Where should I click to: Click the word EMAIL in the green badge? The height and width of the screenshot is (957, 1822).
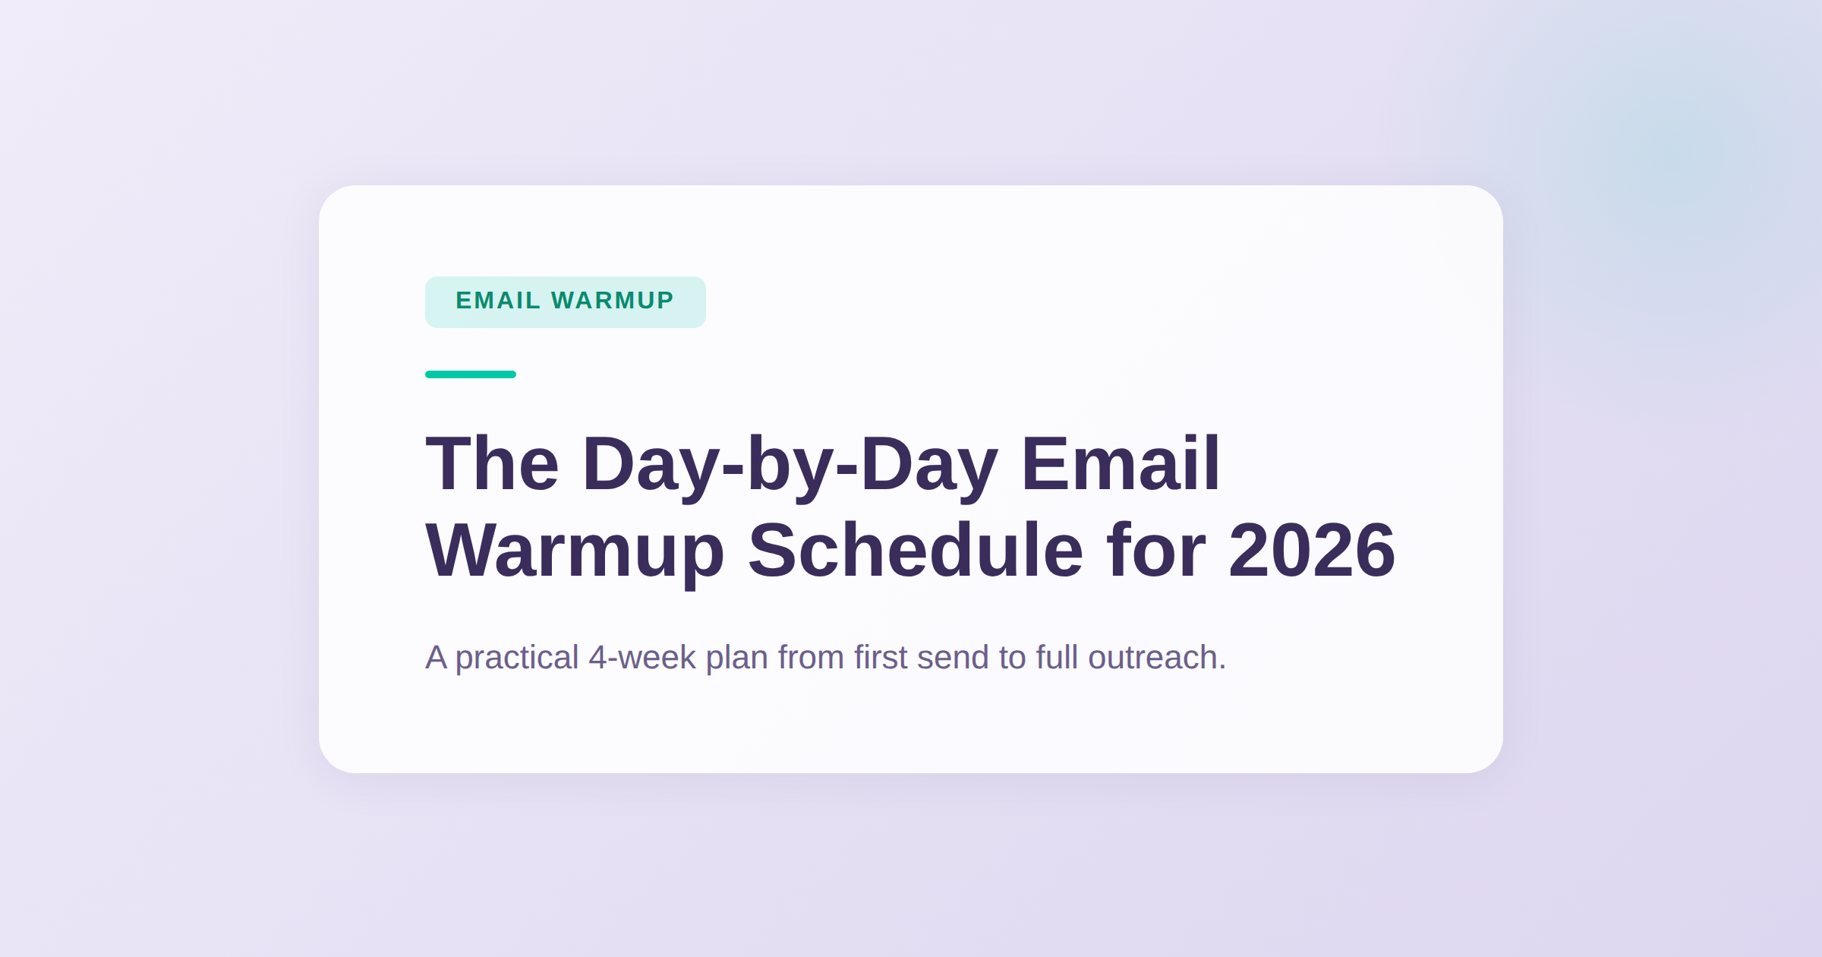click(498, 301)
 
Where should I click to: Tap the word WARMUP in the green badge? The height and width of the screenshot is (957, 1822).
click(613, 301)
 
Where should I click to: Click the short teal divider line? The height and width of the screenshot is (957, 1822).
click(471, 374)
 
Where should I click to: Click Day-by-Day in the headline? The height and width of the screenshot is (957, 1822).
click(790, 465)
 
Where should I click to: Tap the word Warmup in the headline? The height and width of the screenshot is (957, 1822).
click(575, 551)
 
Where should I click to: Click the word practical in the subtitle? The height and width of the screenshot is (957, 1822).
click(516, 658)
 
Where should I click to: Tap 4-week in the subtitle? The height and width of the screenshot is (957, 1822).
click(641, 658)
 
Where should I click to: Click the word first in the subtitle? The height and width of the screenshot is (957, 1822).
click(880, 658)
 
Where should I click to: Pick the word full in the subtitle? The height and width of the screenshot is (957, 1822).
click(1057, 658)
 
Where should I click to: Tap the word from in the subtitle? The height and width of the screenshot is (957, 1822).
click(811, 658)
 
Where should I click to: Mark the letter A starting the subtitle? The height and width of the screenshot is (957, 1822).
click(436, 658)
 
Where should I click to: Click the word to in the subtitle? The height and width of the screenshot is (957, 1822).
click(1013, 658)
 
